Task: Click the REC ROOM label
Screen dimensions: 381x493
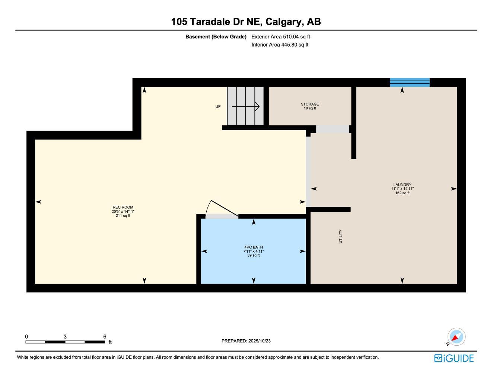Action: coord(123,207)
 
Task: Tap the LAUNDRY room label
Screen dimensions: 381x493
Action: coord(402,185)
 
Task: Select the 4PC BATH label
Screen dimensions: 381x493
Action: coord(254,247)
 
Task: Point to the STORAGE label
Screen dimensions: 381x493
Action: coord(310,104)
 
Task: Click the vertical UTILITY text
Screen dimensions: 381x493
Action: coord(340,236)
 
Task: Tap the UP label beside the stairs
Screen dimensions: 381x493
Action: coord(218,107)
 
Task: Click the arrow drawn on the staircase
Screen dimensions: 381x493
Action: coord(246,106)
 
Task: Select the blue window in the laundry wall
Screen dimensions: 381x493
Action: coord(410,82)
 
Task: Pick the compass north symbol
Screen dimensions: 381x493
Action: coord(456,337)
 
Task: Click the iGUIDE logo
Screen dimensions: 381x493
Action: coord(454,358)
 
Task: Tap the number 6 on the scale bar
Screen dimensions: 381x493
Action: coord(105,336)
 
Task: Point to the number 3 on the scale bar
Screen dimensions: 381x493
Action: coord(65,336)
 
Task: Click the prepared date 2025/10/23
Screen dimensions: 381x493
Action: coord(259,341)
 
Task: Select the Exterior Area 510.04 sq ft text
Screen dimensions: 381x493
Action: coord(281,36)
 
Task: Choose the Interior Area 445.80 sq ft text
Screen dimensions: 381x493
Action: coord(280,45)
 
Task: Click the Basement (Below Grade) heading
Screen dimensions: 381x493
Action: coord(216,36)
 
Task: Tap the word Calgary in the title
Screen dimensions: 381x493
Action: coord(284,22)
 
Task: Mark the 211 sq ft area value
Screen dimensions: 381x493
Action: coord(123,215)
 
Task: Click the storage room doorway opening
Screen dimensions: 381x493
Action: coord(333,129)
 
